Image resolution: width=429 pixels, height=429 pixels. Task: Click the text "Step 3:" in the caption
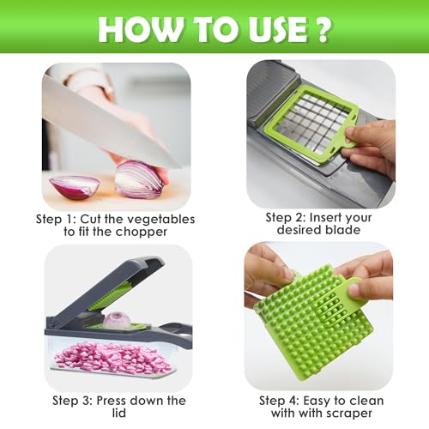coord(72,401)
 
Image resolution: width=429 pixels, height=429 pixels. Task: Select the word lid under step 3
coord(119,413)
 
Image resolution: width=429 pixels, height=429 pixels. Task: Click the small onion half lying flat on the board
coord(75,187)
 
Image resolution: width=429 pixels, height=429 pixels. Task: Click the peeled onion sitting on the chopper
coord(117,320)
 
